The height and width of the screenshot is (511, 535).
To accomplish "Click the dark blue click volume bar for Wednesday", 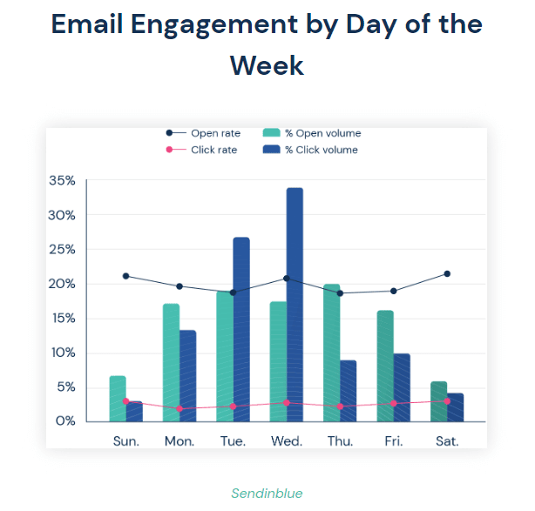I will [295, 304].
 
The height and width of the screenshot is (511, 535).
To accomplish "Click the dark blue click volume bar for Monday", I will [187, 375].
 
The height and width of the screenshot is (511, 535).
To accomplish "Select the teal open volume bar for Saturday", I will [438, 401].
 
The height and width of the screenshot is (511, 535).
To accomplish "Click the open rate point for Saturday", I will [447, 273].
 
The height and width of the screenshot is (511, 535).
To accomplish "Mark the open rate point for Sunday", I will [126, 276].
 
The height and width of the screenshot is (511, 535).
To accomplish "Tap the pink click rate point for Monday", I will [179, 408].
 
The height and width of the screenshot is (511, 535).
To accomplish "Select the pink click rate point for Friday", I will [394, 403].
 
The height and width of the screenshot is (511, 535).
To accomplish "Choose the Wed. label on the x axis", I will [287, 441].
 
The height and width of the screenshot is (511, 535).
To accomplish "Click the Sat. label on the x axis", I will [447, 441].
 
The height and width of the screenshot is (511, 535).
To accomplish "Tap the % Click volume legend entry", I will [313, 150].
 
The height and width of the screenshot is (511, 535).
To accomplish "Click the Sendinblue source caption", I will [267, 494].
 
